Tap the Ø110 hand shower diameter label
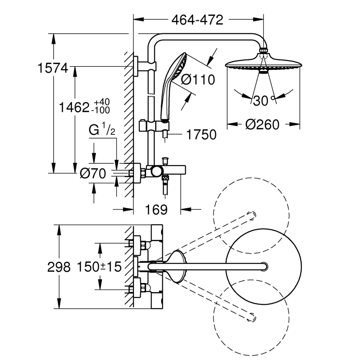point(198,79)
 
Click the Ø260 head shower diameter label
point(262,124)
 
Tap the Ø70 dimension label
point(93,173)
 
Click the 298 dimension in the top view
point(58,267)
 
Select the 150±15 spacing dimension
point(99,267)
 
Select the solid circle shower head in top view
point(263,267)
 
